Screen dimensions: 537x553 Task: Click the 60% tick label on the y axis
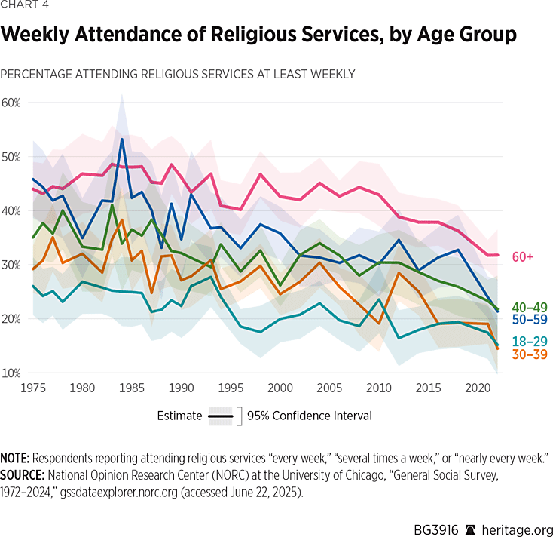pos(11,103)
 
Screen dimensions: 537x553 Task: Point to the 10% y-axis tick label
pos(11,373)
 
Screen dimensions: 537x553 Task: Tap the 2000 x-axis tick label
pos(280,388)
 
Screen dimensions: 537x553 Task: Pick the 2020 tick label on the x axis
pos(478,388)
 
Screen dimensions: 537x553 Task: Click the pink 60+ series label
pos(523,256)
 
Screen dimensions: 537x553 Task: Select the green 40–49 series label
pos(529,308)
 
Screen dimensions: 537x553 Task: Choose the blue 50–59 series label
pos(529,321)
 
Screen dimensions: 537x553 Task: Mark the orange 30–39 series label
pos(529,354)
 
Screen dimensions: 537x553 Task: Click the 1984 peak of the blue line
pos(122,139)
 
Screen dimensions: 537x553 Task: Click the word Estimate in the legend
pos(179,416)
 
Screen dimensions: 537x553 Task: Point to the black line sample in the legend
pos(220,416)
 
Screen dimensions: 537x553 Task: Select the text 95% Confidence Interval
pos(309,416)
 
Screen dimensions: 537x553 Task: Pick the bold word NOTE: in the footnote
pos(16,458)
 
